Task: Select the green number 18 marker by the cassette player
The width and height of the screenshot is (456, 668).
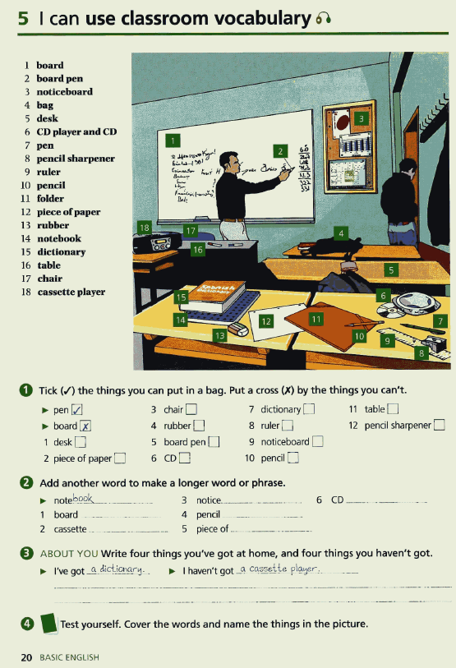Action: tap(145, 227)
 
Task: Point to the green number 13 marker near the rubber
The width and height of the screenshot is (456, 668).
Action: tap(219, 335)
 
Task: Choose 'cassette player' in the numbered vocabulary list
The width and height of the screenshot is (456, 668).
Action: tap(71, 292)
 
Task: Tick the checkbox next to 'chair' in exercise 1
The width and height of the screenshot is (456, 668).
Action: tap(191, 409)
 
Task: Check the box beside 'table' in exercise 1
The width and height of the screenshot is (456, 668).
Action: tap(393, 409)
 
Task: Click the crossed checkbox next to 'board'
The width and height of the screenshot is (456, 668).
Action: tap(86, 426)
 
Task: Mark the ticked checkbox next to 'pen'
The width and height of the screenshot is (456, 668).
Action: tap(77, 409)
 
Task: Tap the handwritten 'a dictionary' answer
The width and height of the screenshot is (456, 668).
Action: tap(117, 569)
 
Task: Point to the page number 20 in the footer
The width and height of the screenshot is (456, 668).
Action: tap(27, 656)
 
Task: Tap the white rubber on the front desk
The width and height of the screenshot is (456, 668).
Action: tap(238, 328)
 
